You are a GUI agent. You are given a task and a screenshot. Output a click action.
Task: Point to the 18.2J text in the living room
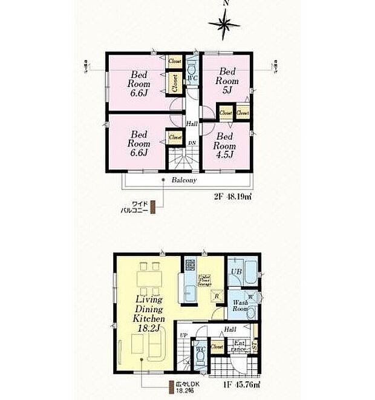pos(148,327)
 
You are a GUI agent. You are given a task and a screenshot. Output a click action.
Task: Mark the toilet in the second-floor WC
pos(192,65)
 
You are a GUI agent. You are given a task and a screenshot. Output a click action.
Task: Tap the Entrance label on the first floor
pos(240,347)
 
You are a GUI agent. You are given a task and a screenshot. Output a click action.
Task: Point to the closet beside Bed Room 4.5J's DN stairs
pos(175,137)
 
